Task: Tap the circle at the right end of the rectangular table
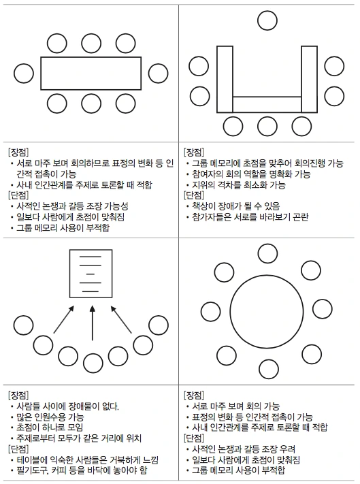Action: (158, 74)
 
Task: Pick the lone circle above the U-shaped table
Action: (267, 20)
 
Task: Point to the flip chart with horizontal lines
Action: (92, 274)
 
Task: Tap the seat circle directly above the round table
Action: (267, 253)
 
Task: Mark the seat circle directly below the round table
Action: (267, 369)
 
